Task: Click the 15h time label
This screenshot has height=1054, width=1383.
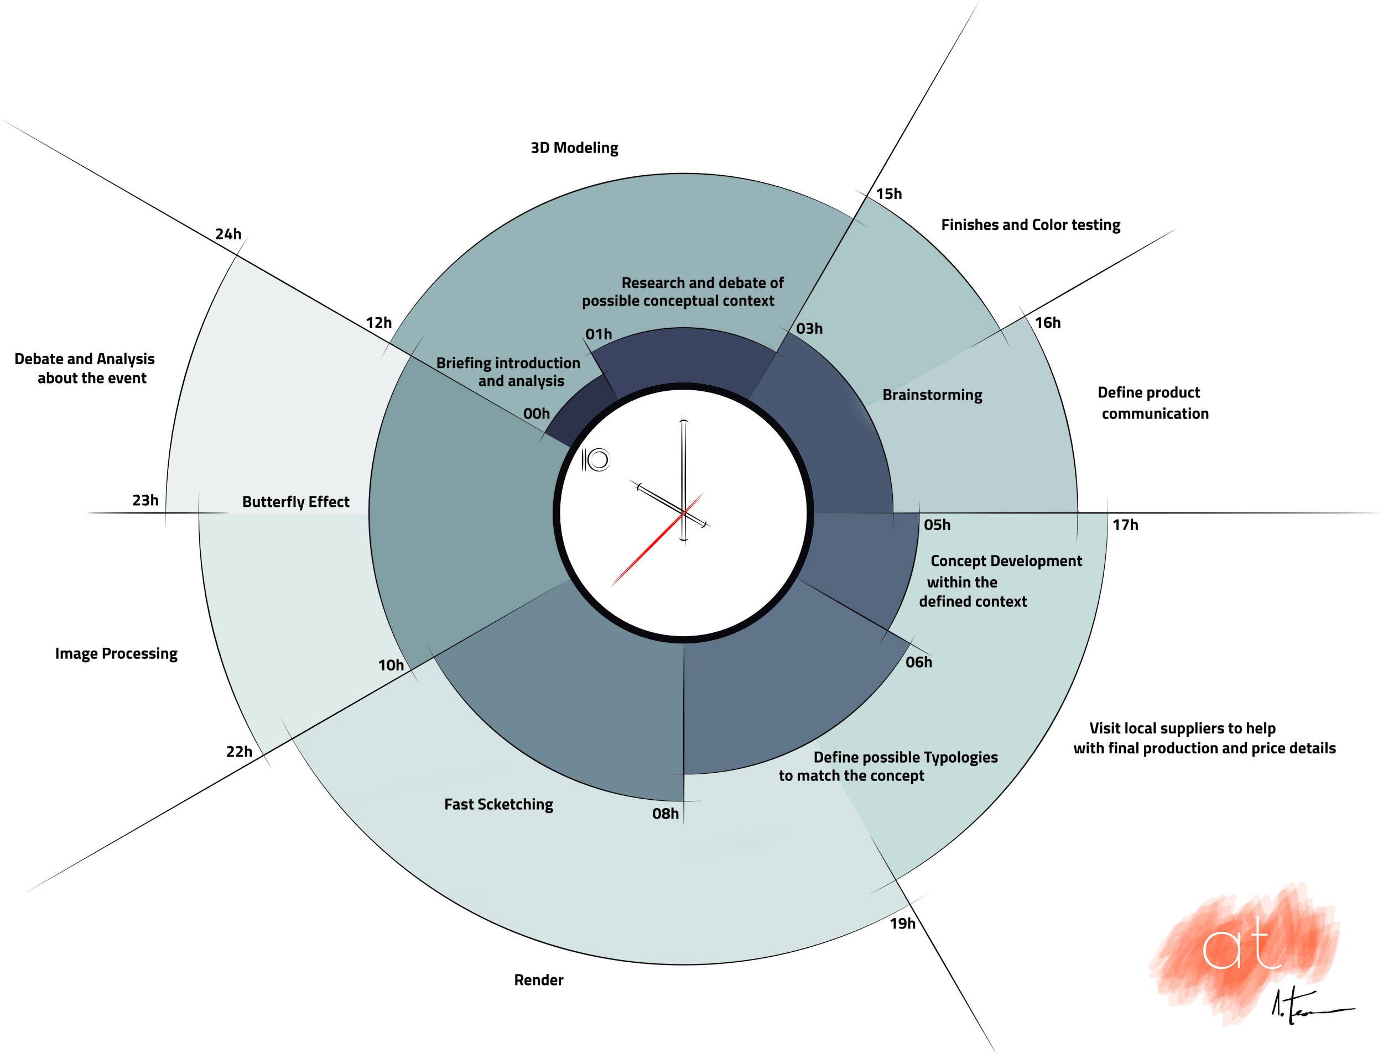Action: click(888, 194)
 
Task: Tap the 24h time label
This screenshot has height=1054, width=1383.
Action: click(228, 234)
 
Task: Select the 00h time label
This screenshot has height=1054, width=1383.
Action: click(536, 413)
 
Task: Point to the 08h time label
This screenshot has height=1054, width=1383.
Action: click(665, 814)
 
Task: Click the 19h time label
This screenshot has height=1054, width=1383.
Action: click(902, 924)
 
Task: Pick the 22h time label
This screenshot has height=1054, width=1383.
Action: click(238, 752)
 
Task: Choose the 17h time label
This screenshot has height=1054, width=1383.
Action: click(1125, 525)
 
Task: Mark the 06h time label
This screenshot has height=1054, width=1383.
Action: click(918, 662)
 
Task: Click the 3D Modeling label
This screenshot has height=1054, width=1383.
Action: click(574, 148)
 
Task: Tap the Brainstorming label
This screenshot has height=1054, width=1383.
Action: click(932, 395)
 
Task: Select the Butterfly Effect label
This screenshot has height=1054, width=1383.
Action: click(295, 502)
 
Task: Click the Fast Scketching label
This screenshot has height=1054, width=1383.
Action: click(498, 804)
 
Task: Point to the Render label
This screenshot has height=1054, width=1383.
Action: click(539, 980)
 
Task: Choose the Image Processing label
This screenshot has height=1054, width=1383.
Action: click(116, 654)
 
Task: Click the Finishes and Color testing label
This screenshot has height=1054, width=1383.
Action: click(1030, 224)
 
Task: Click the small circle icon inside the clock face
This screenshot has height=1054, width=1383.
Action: click(598, 460)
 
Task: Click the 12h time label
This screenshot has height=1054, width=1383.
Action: click(378, 322)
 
